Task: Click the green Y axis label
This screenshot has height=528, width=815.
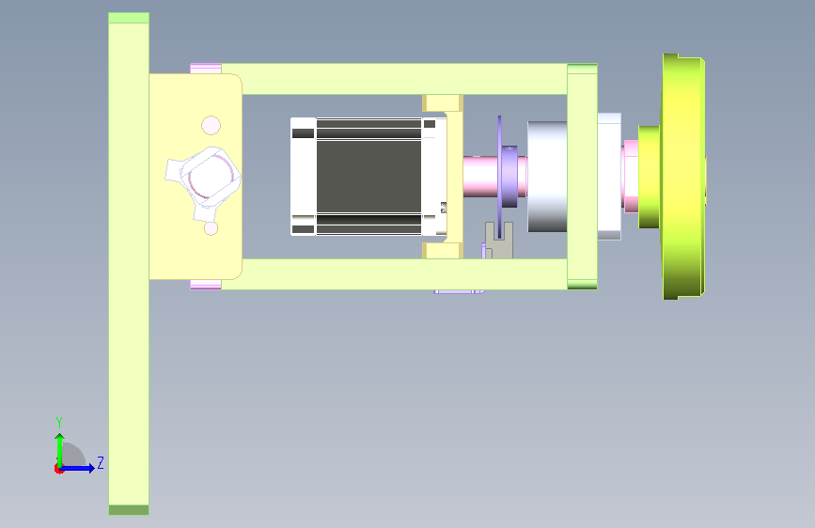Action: (59, 422)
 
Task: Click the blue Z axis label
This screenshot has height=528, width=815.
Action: (101, 462)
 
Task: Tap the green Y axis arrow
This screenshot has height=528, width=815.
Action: (60, 450)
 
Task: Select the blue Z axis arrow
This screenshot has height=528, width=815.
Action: (77, 468)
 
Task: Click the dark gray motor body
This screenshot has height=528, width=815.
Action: (368, 177)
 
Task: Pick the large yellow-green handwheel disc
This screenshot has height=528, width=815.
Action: (683, 177)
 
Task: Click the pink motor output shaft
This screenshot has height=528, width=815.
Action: (480, 177)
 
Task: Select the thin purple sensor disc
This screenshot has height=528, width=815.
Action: (499, 177)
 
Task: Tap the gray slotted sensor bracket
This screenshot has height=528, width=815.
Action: (499, 241)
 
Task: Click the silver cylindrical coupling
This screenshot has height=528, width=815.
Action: (547, 177)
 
